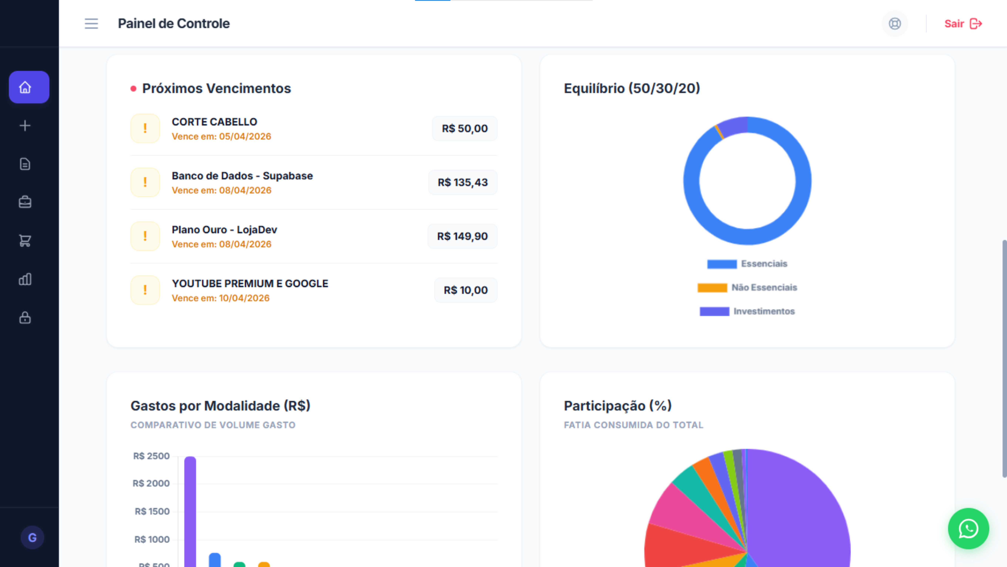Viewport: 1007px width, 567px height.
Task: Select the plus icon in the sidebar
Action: pos(25,126)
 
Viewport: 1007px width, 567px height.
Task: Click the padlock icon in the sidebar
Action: pos(25,317)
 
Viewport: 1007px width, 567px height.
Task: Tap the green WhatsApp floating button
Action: pos(968,529)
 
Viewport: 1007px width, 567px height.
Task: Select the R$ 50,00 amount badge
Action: pos(464,128)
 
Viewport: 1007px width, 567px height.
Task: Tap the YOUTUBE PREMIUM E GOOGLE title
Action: pos(250,283)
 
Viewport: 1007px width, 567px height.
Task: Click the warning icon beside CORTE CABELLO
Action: pos(145,128)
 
